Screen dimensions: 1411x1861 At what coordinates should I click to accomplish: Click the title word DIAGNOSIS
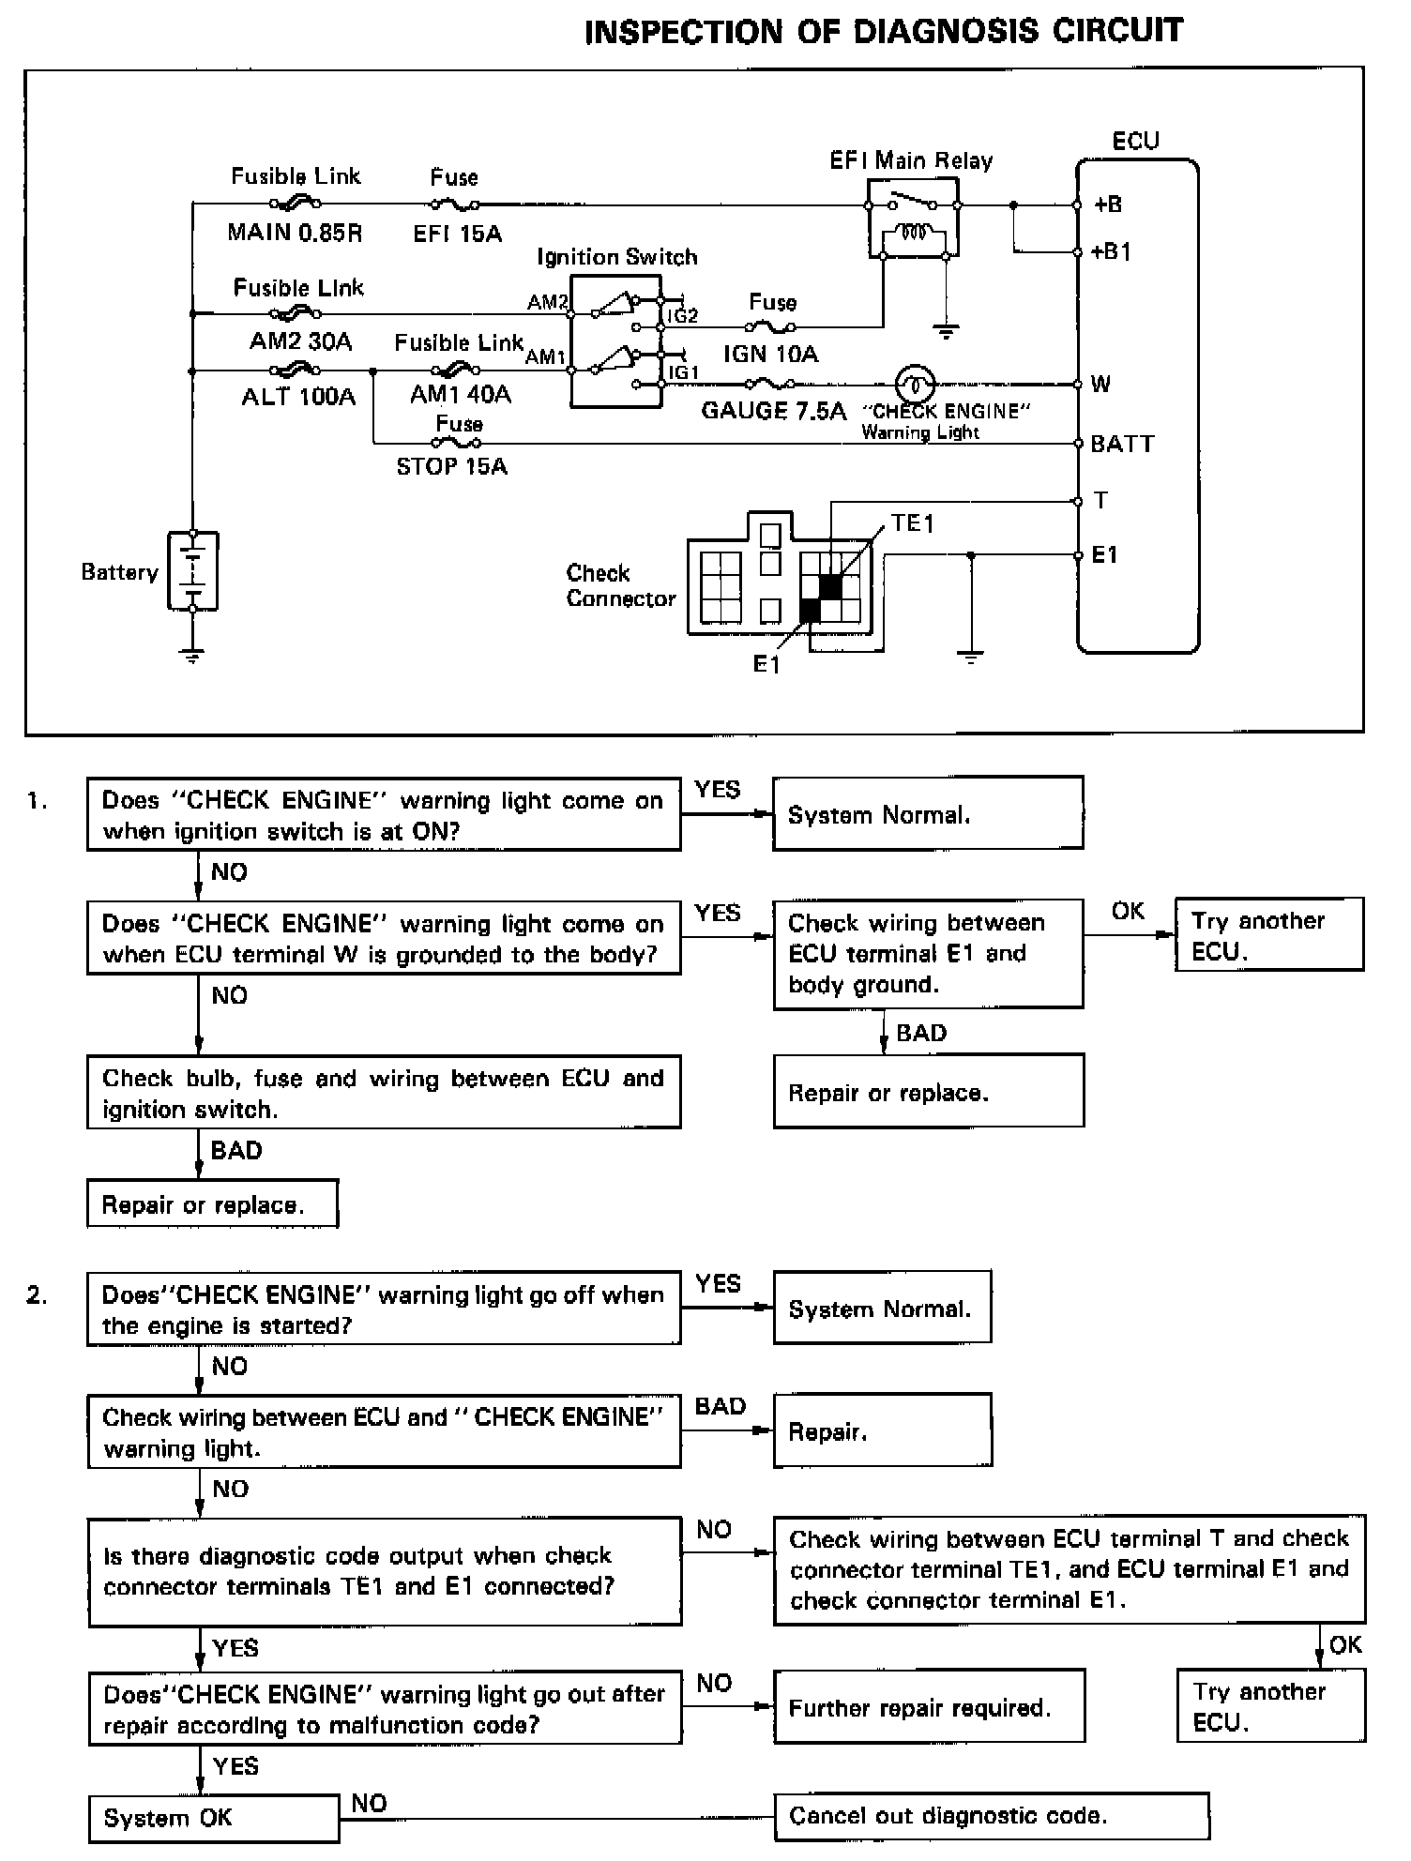pyautogui.click(x=947, y=31)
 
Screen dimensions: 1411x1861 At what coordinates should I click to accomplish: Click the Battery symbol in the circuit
pyautogui.click(x=192, y=571)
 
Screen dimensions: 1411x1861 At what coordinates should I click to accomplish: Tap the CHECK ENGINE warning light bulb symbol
pyautogui.click(x=914, y=384)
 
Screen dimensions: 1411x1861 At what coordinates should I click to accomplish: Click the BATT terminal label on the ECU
pyautogui.click(x=1122, y=444)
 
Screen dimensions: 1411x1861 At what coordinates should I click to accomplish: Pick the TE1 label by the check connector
pyautogui.click(x=913, y=523)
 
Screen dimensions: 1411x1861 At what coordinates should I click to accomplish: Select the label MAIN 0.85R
pyautogui.click(x=295, y=232)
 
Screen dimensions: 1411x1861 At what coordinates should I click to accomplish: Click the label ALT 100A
pyautogui.click(x=298, y=397)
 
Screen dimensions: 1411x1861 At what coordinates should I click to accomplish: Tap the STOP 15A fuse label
pyautogui.click(x=451, y=466)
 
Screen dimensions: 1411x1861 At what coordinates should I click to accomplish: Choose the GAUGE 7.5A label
pyautogui.click(x=773, y=411)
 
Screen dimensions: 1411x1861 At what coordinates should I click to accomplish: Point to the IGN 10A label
pyautogui.click(x=770, y=354)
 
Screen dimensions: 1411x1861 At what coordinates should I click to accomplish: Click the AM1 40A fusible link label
pyautogui.click(x=461, y=394)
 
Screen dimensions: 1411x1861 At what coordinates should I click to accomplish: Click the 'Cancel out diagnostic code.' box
pyautogui.click(x=992, y=1816)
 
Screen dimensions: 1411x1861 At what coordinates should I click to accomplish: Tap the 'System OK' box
pyautogui.click(x=214, y=1819)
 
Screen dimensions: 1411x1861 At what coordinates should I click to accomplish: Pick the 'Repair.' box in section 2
pyautogui.click(x=883, y=1430)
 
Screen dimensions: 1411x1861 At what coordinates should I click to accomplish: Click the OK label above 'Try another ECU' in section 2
pyautogui.click(x=1345, y=1644)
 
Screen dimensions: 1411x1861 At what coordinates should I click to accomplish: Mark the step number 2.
pyautogui.click(x=37, y=1295)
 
